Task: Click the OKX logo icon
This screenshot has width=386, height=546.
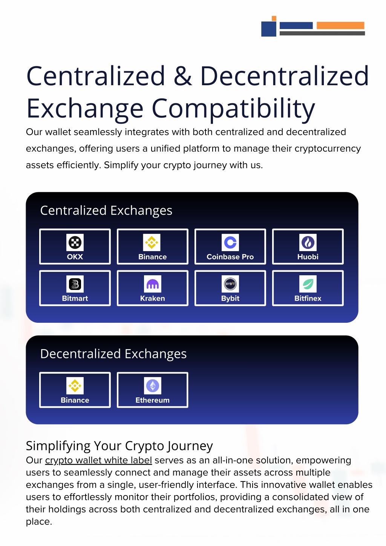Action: pos(75,242)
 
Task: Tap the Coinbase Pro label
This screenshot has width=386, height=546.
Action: pos(230,257)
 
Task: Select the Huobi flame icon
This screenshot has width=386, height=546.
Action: pos(308,242)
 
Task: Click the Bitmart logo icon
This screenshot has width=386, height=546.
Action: pos(75,284)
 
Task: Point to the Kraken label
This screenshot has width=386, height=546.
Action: pos(153,298)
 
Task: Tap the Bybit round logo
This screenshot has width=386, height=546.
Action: pos(230,284)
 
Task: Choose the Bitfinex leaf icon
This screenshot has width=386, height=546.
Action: pos(308,284)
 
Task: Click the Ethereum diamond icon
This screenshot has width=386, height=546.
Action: pos(153,386)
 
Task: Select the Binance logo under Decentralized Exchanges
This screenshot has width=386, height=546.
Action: pos(75,386)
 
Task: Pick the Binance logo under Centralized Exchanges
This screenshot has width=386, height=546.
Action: pos(152,242)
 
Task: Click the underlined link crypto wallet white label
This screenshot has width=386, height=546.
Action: pos(98,460)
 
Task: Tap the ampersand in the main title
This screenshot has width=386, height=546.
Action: pos(183,76)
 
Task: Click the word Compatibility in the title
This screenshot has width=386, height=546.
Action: pos(233,109)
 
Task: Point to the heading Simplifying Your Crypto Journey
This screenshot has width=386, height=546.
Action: pos(119,446)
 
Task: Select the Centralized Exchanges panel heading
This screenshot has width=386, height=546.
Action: pos(106,211)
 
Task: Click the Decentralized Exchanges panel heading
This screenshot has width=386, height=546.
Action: pos(113,354)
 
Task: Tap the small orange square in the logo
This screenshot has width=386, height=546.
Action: pos(274,18)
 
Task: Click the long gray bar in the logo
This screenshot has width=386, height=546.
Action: pos(322,34)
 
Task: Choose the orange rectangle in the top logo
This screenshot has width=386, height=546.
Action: pos(340,25)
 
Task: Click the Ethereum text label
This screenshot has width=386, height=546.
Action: pos(153,400)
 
